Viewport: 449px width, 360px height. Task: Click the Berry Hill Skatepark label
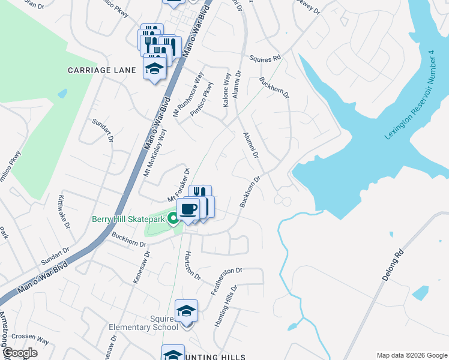(x=128, y=219)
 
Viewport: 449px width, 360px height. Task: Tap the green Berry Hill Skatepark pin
(x=173, y=218)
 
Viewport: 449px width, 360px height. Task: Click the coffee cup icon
(x=188, y=209)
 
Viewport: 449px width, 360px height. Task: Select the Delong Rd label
(x=390, y=269)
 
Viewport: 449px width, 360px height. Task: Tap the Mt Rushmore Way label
(x=188, y=94)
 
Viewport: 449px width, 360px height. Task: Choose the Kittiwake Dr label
(x=64, y=211)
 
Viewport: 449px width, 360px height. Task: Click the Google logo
(x=19, y=352)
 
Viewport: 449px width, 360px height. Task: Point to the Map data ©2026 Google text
(x=411, y=355)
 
